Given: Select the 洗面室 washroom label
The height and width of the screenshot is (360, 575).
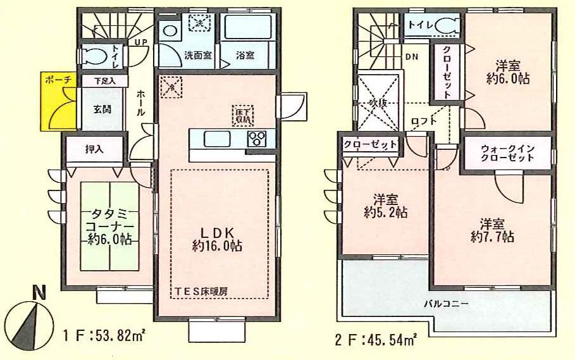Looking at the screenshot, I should (180, 55).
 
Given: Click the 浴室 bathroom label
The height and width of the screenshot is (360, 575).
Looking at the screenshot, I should (245, 55).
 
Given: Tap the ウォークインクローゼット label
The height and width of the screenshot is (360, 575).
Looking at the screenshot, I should (507, 153).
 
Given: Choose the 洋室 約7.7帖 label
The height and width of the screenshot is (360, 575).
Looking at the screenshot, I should (492, 230).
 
